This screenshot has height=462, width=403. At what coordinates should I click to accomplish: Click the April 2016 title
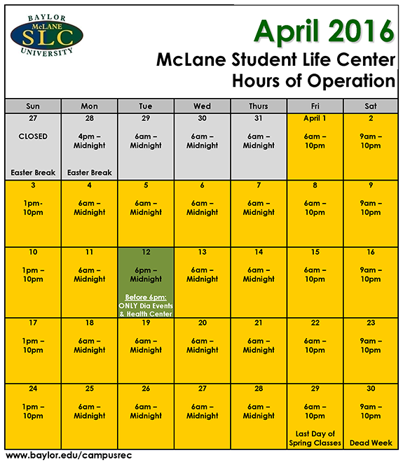324,30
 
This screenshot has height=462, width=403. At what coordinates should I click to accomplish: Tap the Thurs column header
259,106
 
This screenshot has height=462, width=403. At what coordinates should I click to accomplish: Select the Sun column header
33,106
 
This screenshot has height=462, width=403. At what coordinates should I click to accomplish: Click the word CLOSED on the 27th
33,136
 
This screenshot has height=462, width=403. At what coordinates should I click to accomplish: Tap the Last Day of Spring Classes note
315,438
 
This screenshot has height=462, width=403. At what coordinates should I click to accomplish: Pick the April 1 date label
315,118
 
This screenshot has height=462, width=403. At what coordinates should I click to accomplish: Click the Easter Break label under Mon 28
90,172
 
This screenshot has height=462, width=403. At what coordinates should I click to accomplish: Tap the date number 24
33,388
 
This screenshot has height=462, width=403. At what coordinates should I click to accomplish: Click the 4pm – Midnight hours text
90,141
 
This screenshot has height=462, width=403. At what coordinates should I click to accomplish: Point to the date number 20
203,323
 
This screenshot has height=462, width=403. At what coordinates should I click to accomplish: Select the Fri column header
315,106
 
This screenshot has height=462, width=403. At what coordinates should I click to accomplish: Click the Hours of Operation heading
314,81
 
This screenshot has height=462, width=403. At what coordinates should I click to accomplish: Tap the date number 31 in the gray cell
259,118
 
